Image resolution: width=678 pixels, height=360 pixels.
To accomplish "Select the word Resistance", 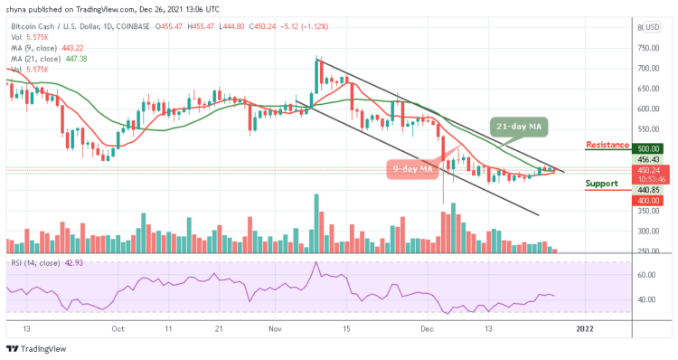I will coord(607,146).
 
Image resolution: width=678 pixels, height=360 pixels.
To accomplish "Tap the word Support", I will coord(602,184).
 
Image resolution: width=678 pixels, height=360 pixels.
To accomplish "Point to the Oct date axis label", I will coord(117,329).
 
